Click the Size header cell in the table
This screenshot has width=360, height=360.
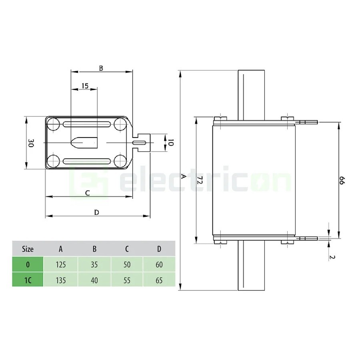click(28, 249)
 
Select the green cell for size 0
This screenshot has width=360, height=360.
click(28, 265)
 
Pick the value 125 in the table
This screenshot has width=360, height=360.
click(61, 265)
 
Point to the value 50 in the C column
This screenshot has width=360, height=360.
click(126, 265)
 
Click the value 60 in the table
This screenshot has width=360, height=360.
click(159, 265)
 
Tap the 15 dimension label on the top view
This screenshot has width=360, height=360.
click(84, 86)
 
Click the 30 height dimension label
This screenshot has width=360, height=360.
click(31, 143)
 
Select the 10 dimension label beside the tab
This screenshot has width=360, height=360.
click(171, 142)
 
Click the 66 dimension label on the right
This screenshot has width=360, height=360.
click(342, 180)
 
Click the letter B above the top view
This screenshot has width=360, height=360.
click(101, 68)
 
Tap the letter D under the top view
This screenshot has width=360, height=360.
click(96, 212)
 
